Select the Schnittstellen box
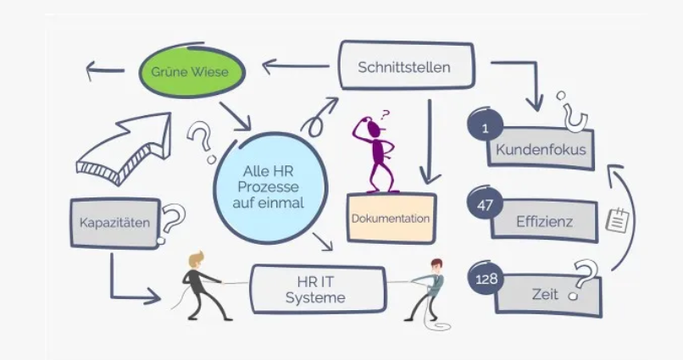coord(404,66)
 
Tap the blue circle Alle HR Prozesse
coord(269,186)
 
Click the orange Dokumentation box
coord(391,219)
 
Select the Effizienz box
coord(545,223)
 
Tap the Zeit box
coord(547,294)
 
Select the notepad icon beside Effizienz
coord(619,219)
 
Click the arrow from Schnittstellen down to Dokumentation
coord(430,140)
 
